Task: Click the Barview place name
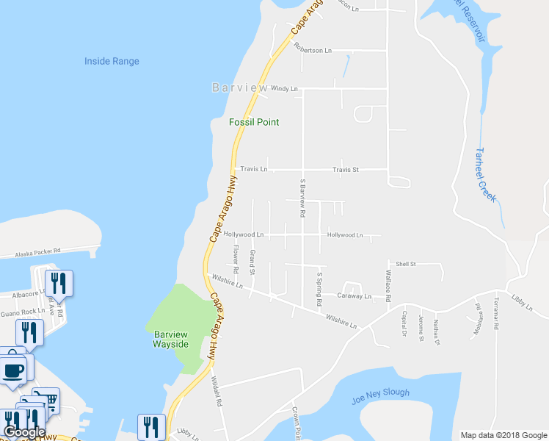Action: point(240,87)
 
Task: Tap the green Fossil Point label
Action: point(254,122)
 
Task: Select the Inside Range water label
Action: point(112,62)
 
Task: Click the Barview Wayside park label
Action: point(171,339)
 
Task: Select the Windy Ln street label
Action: point(285,89)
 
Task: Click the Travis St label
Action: point(345,170)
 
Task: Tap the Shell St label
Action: point(406,264)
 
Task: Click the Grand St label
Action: point(252,262)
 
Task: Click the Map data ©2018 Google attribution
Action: point(503,435)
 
